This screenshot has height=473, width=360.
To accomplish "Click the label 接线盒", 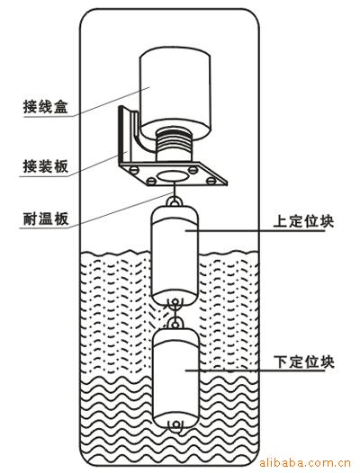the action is pos(46,106).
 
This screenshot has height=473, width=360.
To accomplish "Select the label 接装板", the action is pos(46,165).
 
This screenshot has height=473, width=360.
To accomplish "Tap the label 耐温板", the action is pos(46,219).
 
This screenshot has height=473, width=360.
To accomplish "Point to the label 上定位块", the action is pos(303,221).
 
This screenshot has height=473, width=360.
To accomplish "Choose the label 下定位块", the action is pos(304,361).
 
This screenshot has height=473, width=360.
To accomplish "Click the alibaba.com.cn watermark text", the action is pos(305,463).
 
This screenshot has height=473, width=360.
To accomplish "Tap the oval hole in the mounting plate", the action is pos(173,176).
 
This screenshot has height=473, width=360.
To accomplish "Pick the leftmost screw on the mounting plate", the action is pos(134,170).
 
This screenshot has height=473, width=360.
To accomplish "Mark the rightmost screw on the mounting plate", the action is pos(211,181).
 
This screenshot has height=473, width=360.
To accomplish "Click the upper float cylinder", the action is pos(175,254).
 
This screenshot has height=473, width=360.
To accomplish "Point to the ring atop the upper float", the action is pos(175,201).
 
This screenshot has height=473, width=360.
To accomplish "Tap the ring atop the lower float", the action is pos(175,324).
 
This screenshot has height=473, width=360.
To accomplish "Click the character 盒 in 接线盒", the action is pos(61,106).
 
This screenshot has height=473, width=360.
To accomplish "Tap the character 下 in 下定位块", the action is pos(281,361).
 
